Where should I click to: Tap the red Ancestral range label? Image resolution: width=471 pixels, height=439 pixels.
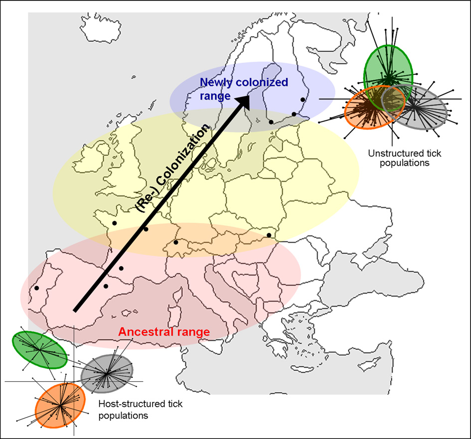tap(163, 332)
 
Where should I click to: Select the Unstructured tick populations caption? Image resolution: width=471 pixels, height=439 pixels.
tap(398, 158)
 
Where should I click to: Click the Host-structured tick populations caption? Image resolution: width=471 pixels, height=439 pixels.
tap(141, 409)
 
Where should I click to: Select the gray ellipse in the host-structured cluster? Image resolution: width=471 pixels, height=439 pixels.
tap(107, 373)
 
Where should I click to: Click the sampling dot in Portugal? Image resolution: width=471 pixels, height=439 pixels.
tap(36, 288)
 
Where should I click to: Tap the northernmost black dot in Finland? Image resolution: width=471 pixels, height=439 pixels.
tap(303, 100)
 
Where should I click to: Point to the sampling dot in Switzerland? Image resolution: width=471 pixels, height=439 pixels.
tap(176, 242)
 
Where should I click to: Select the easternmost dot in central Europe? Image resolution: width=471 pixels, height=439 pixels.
tap(269, 235)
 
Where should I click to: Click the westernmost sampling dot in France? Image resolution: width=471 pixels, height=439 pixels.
tap(114, 223)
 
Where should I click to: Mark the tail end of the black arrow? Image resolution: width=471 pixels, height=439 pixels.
tap(75, 311)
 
